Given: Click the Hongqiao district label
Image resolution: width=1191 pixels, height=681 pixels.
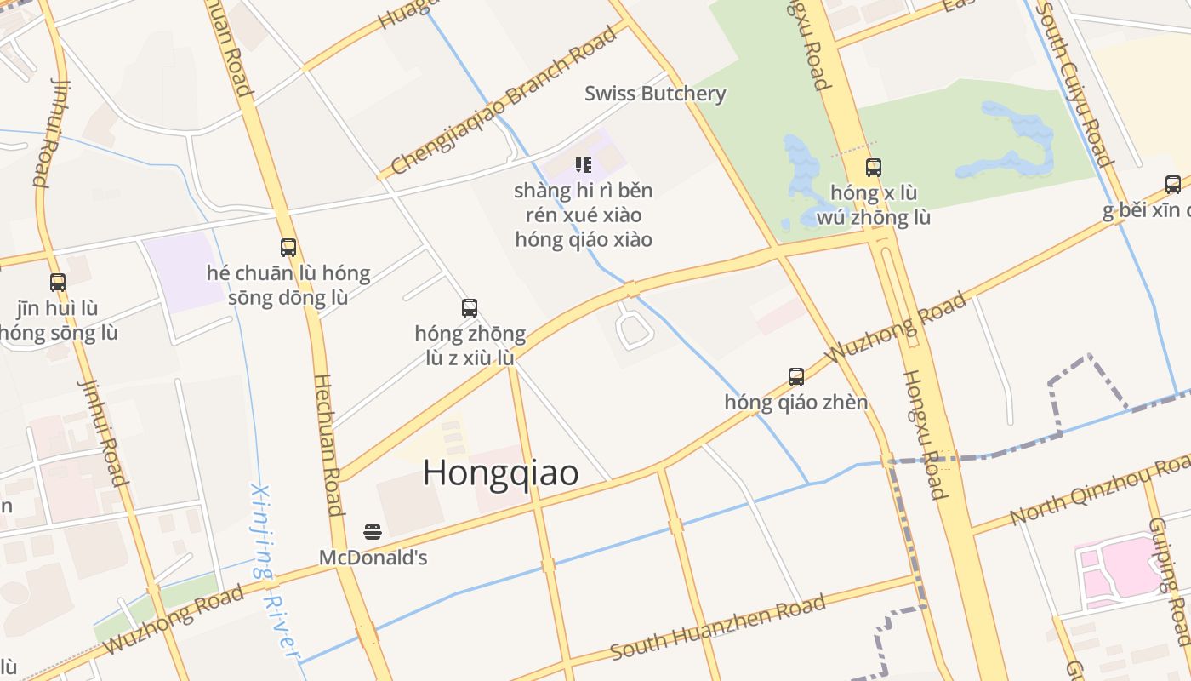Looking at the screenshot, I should click(501, 473).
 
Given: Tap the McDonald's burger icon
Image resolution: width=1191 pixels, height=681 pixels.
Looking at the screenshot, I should click(373, 533).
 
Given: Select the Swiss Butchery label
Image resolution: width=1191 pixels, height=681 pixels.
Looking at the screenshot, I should click(655, 94).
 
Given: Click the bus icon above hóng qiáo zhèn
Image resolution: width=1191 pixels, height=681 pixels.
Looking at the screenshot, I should click(796, 376).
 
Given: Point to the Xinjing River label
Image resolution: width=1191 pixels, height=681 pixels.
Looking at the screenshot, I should click(275, 570).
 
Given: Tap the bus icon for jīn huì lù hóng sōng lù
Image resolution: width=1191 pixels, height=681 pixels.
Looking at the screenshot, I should click(58, 282).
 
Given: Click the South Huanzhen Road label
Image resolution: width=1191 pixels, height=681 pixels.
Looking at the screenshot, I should click(718, 628).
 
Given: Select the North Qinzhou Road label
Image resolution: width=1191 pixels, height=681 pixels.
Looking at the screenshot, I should click(1100, 490).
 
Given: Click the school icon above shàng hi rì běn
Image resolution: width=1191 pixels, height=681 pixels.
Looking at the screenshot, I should click(583, 164).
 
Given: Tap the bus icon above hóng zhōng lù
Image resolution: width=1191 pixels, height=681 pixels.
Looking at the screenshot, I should click(470, 307).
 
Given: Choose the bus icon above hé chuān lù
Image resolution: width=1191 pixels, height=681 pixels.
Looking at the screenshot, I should click(288, 247).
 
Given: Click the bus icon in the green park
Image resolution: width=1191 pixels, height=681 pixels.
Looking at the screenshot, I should click(874, 167).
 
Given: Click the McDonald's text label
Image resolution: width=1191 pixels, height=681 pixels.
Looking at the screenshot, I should click(373, 558).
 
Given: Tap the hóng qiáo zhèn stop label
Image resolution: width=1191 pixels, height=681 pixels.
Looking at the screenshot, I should click(796, 402).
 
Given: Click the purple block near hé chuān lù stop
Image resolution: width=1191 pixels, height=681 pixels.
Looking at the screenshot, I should click(184, 271).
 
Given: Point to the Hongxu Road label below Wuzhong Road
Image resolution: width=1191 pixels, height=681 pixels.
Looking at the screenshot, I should click(925, 434).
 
